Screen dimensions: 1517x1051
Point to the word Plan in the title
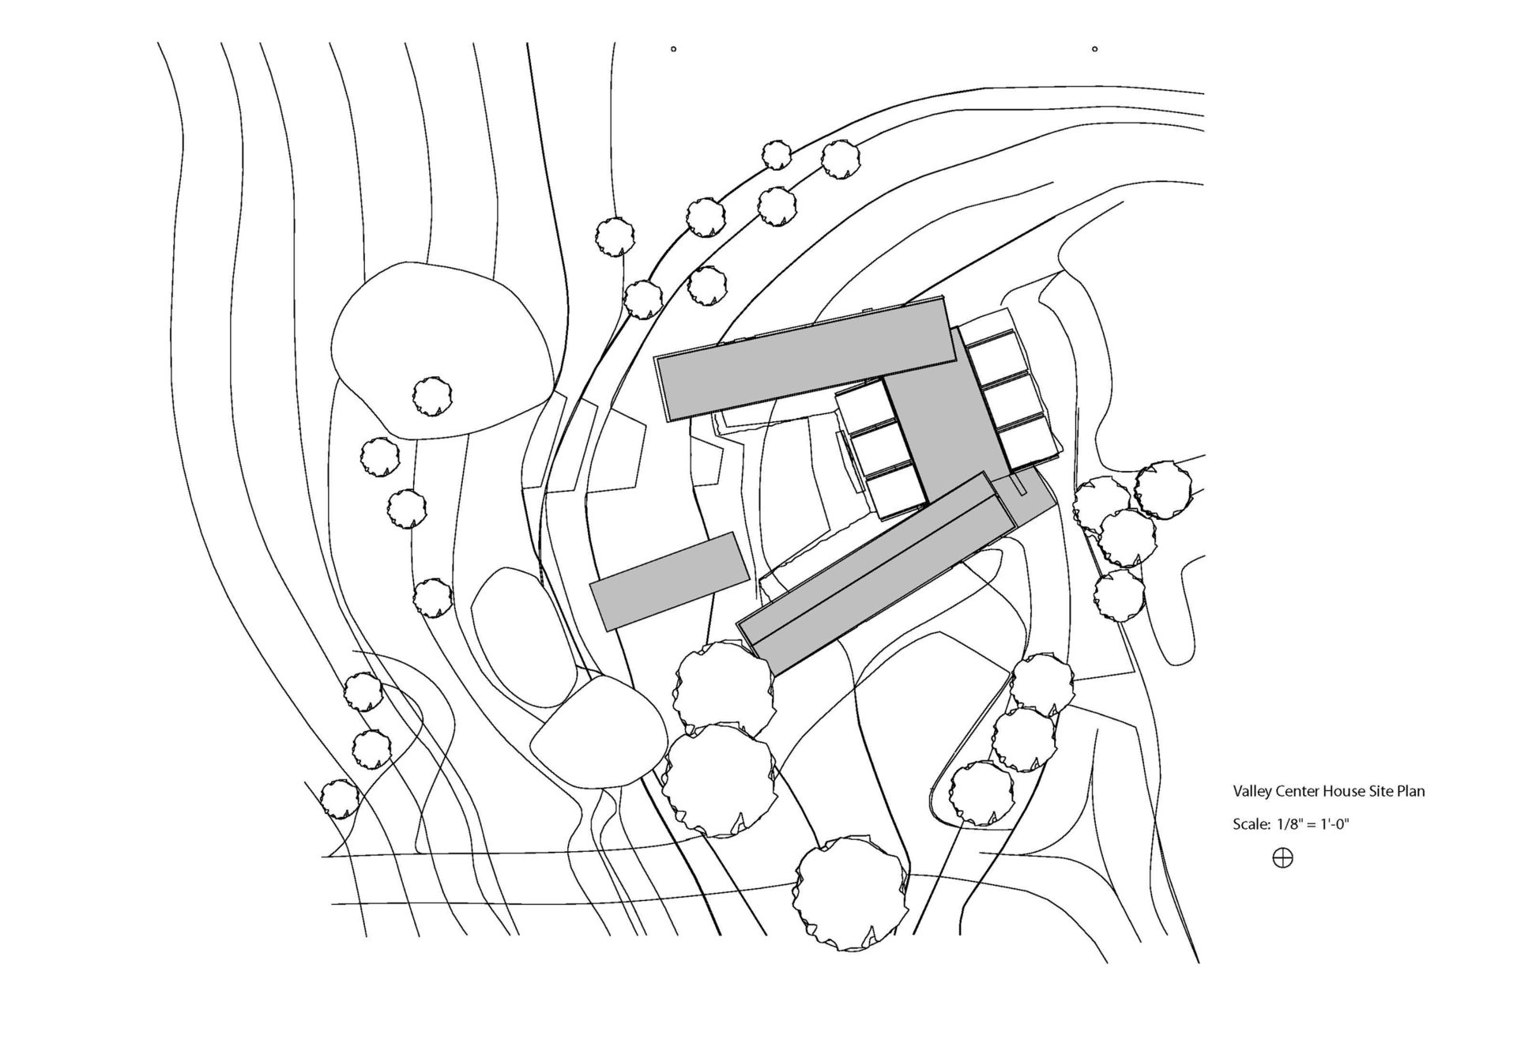pyautogui.click(x=1411, y=791)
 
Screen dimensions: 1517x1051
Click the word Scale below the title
pyautogui.click(x=1251, y=825)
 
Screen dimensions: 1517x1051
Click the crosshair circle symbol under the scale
pyautogui.click(x=1282, y=857)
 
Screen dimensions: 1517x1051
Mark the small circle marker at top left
pyautogui.click(x=673, y=49)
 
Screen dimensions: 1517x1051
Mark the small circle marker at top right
pyautogui.click(x=1094, y=49)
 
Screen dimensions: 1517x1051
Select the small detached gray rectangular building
pyautogui.click(x=669, y=581)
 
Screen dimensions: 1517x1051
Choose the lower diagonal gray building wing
pyautogui.click(x=877, y=573)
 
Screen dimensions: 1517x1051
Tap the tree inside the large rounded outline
pyautogui.click(x=432, y=397)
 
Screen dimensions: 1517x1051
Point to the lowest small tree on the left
pyautogui.click(x=340, y=798)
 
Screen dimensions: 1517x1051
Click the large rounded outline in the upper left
pyautogui.click(x=440, y=350)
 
